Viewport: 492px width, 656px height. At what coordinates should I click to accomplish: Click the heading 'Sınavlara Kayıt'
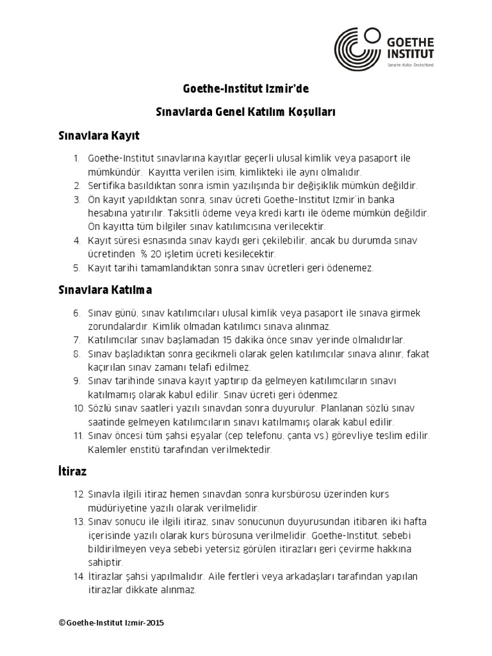pos(99,136)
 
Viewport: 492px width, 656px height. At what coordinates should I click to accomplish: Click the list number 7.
pos(76,340)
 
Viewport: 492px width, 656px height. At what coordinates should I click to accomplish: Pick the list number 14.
pos(79,576)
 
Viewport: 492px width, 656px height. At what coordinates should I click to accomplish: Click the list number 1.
pos(76,158)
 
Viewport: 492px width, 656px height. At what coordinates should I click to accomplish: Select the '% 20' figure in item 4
pos(151,254)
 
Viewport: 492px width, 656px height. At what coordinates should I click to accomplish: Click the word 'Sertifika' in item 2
pos(109,186)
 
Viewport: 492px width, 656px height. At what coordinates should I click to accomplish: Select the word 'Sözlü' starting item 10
pos(100,408)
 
